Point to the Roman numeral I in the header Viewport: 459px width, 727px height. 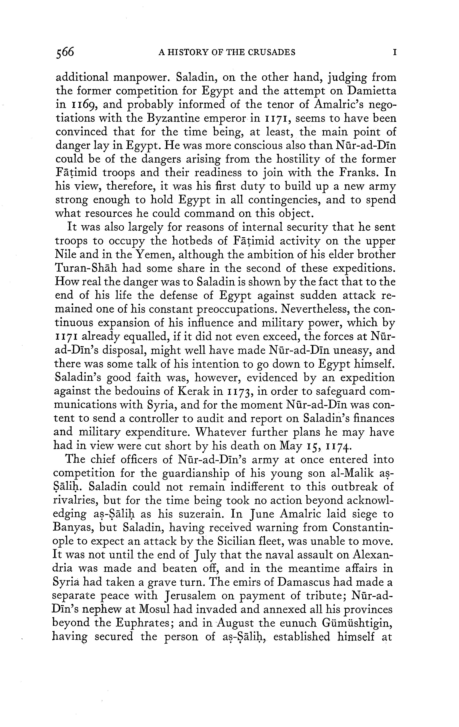point(395,53)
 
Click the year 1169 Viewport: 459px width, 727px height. point(83,105)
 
